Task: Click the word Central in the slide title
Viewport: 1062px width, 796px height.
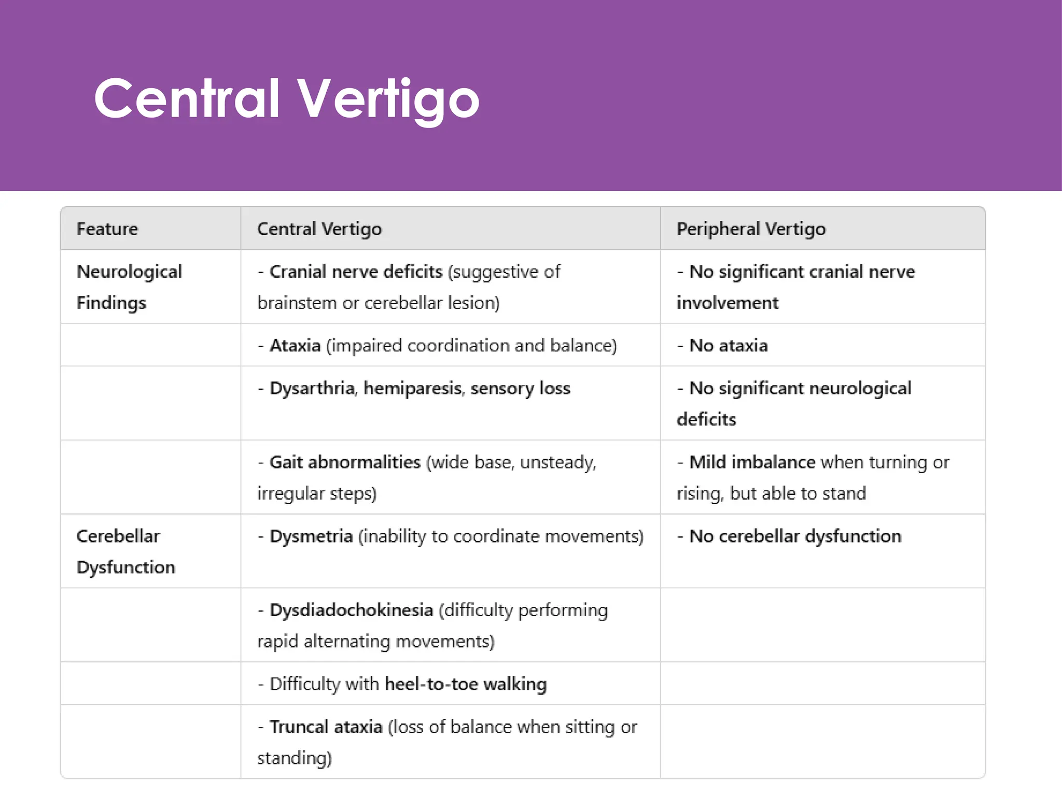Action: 187,98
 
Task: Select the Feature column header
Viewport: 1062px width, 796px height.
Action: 107,229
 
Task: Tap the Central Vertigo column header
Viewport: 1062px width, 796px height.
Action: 319,229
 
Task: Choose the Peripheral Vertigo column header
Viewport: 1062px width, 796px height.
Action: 751,229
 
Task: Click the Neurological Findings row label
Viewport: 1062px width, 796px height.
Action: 129,287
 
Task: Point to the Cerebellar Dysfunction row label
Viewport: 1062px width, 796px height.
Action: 125,551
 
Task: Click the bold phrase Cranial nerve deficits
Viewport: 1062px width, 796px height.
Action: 356,272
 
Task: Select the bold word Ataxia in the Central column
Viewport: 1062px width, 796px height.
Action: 295,346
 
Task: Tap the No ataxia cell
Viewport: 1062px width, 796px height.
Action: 728,346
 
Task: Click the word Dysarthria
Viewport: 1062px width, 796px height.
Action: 312,388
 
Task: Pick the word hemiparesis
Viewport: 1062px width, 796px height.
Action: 413,388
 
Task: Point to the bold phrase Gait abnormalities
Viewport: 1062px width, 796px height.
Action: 345,462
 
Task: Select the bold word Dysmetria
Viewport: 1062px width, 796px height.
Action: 311,536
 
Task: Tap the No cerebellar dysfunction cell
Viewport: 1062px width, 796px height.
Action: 795,536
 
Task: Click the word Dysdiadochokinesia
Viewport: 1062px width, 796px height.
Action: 351,610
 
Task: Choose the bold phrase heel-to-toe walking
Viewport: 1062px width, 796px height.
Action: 466,684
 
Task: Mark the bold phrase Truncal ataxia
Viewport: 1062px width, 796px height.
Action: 326,727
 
